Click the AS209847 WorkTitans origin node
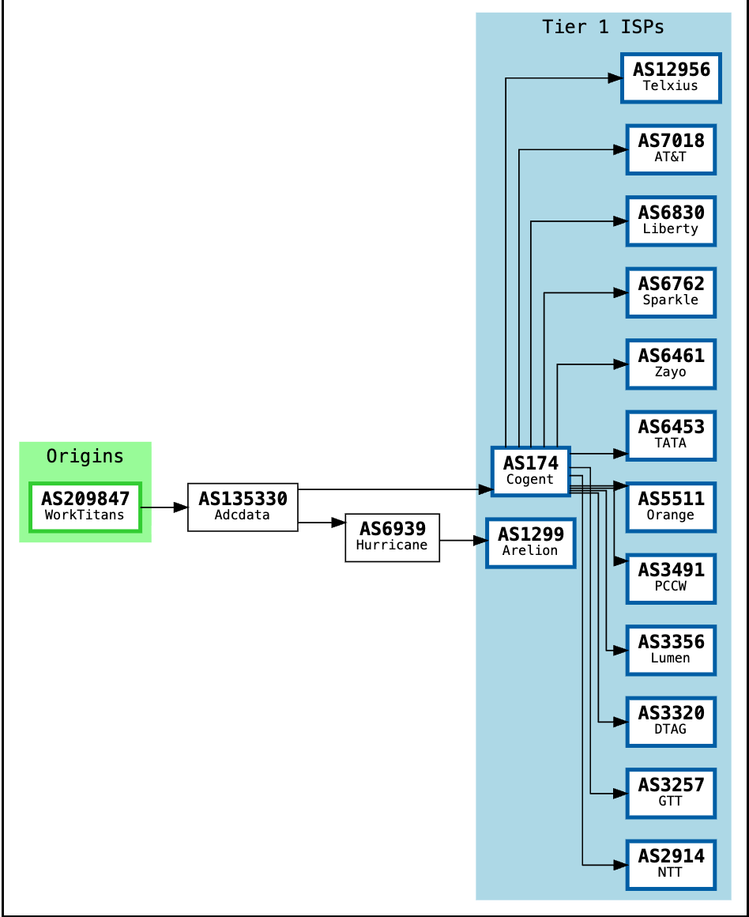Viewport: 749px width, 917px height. point(85,507)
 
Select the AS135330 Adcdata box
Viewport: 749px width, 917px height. point(243,507)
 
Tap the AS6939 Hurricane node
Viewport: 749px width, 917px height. point(392,538)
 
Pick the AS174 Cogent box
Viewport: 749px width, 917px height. point(530,471)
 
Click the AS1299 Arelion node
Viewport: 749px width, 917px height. point(530,542)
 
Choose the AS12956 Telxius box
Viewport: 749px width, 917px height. point(670,77)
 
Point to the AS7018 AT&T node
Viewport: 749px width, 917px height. point(670,149)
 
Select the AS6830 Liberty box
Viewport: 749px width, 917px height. point(670,221)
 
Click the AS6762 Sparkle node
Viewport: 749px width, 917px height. point(670,292)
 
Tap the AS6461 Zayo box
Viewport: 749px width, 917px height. point(670,364)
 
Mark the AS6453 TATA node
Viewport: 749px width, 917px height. point(670,435)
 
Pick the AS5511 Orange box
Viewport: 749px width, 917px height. point(670,507)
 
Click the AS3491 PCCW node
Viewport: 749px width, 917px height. point(670,578)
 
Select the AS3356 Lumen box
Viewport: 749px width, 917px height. point(670,650)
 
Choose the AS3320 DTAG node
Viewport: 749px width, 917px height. point(670,721)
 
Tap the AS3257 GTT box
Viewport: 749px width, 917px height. point(670,793)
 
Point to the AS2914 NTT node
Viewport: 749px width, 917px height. point(670,864)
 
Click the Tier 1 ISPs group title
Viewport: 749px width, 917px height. point(603,27)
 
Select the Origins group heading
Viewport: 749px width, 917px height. point(85,456)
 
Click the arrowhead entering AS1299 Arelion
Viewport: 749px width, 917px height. point(479,541)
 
